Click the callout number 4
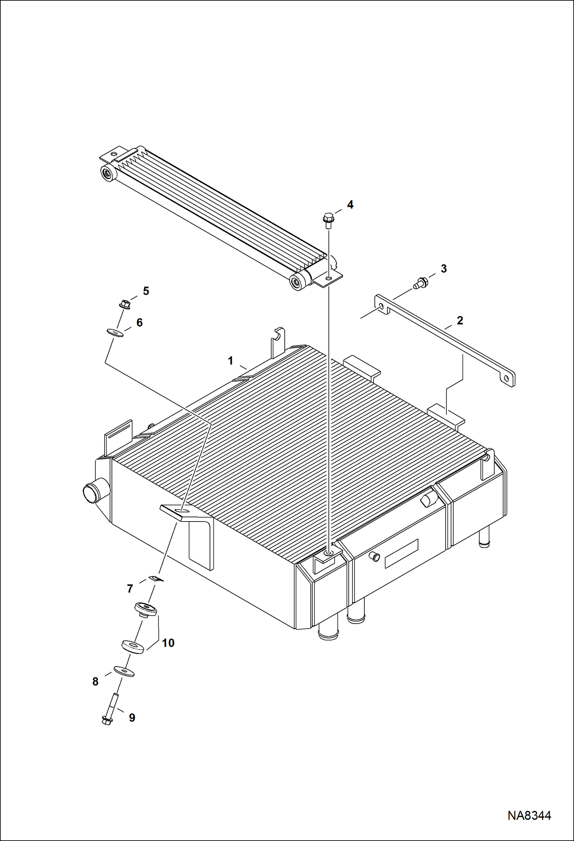tap(350, 205)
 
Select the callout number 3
tap(444, 269)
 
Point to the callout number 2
tap(460, 320)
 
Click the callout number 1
tap(231, 361)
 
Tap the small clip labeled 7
tap(156, 578)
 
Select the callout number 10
tap(168, 643)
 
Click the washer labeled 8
tap(123, 671)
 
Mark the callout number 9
tap(132, 718)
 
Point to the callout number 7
tap(130, 589)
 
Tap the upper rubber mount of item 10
tap(146, 609)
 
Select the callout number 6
tap(139, 323)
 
